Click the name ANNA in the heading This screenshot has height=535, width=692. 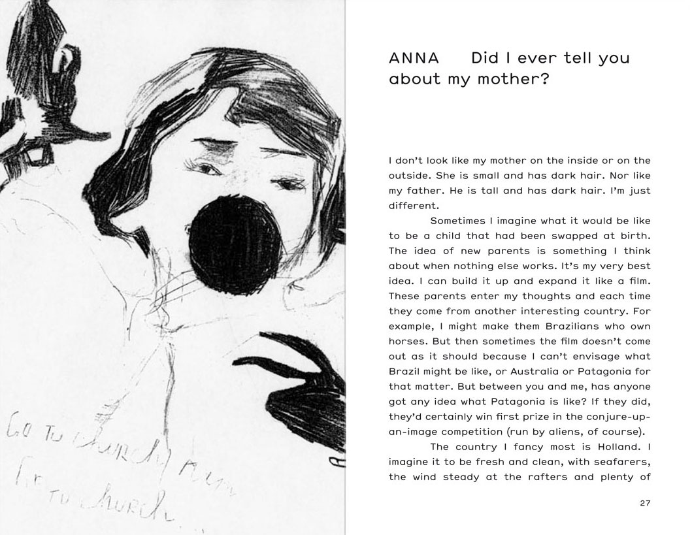[413, 57]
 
